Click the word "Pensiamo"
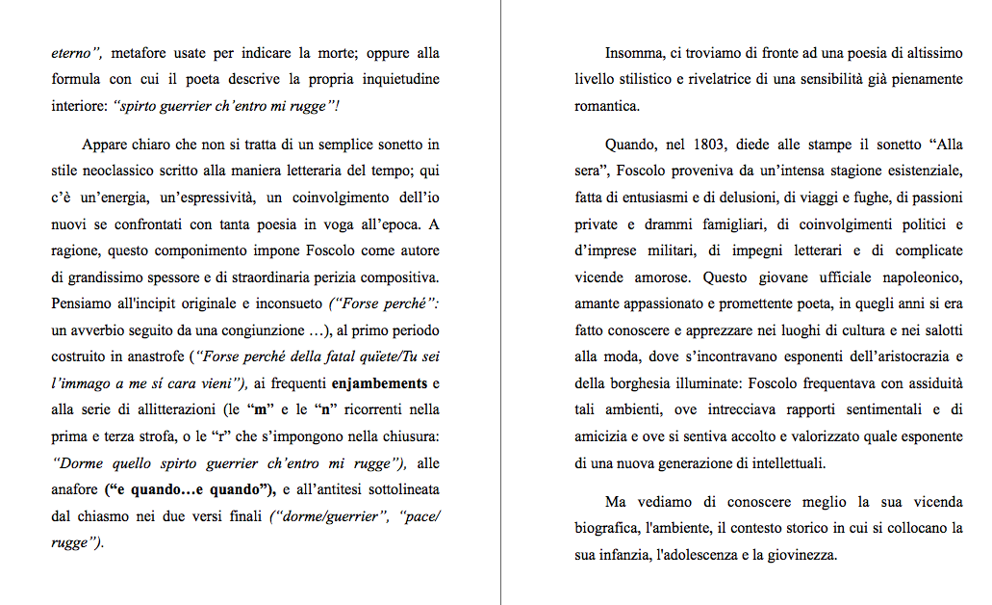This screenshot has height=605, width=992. (82, 303)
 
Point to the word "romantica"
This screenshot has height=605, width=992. (607, 106)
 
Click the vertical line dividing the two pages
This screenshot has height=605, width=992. (501, 302)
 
